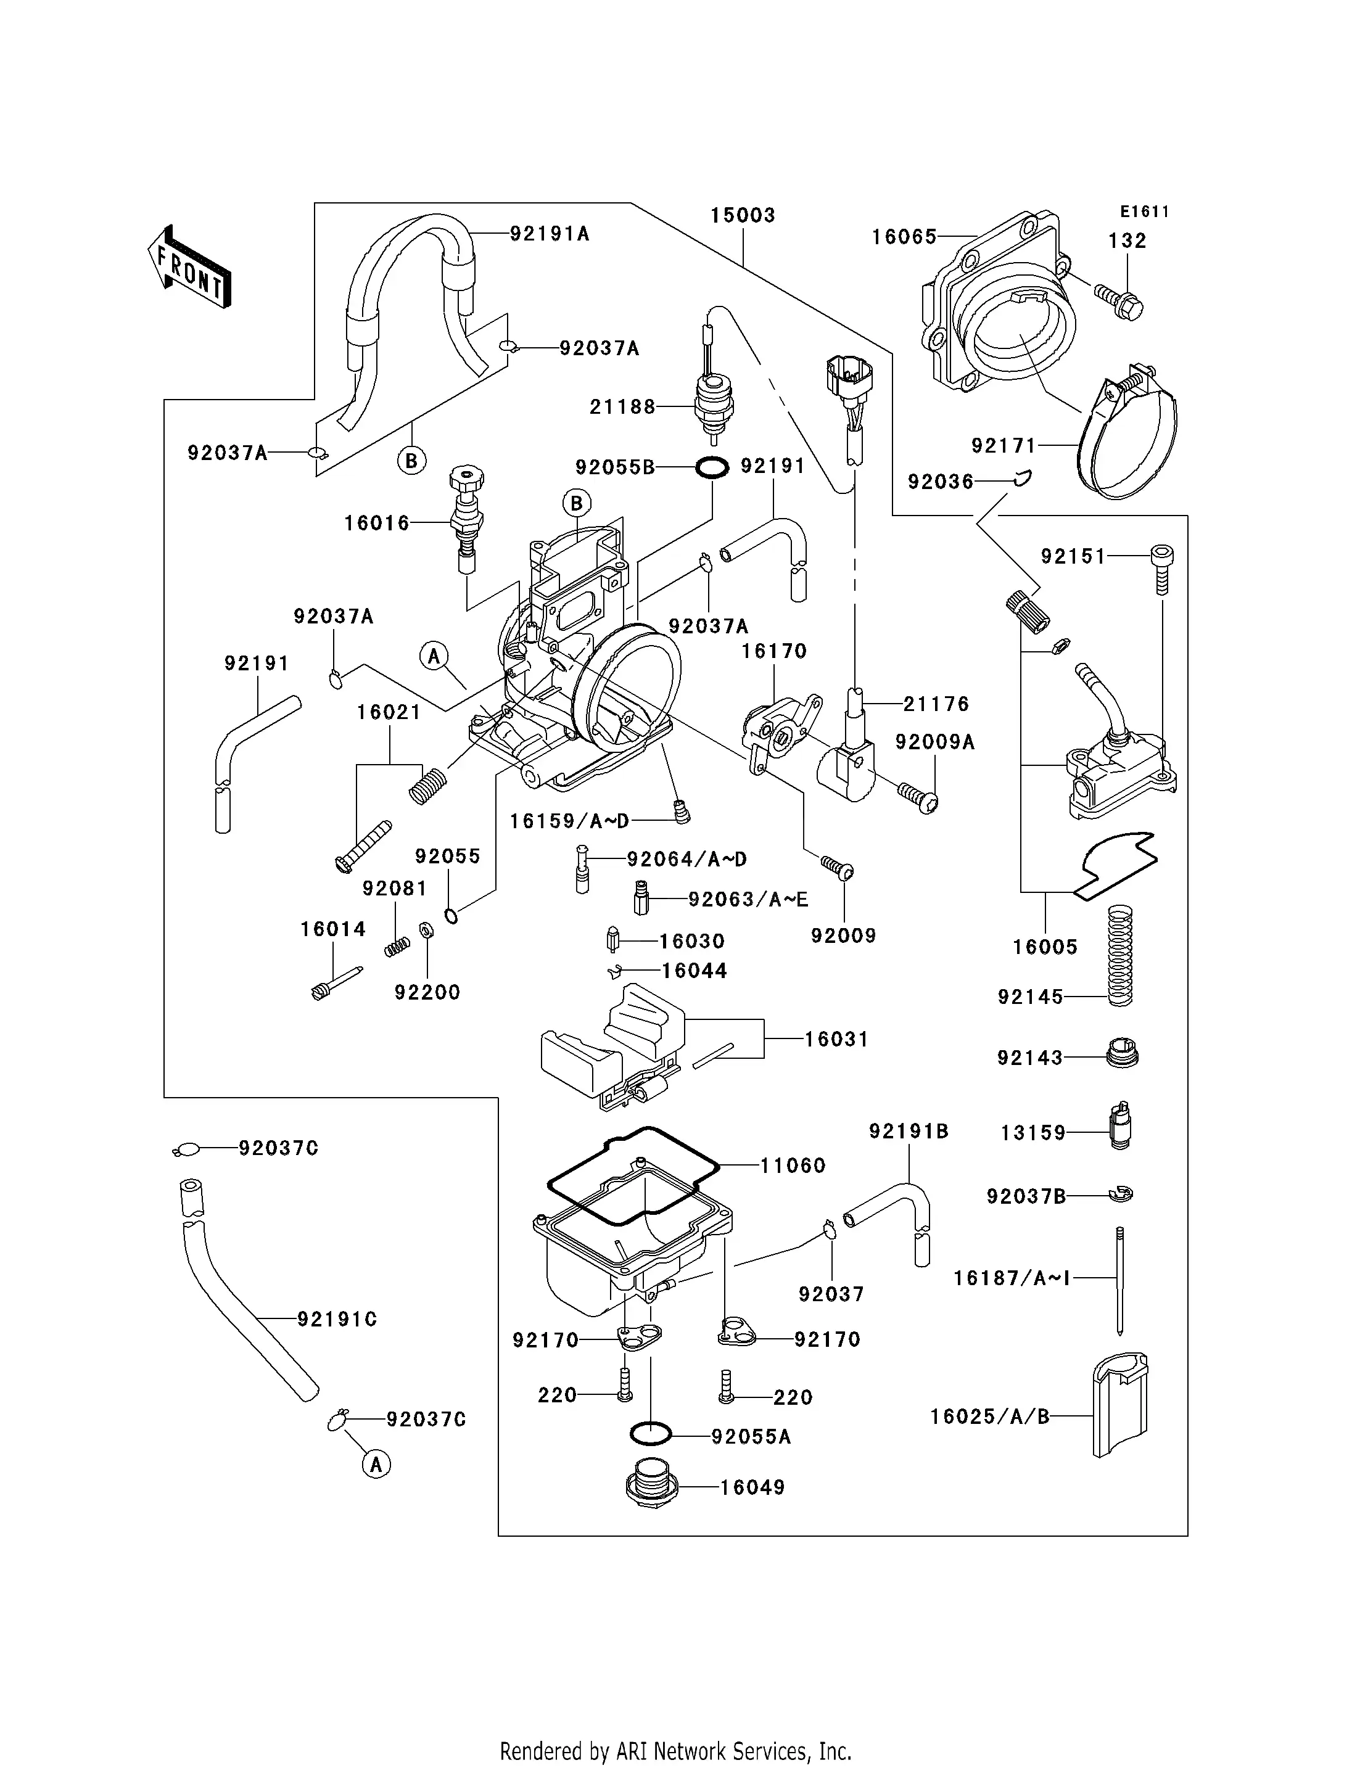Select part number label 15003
point(742,216)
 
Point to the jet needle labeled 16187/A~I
point(1119,1279)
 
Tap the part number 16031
point(837,1040)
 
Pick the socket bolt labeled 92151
point(1161,567)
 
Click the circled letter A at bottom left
point(376,1464)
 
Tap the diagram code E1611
point(1144,212)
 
